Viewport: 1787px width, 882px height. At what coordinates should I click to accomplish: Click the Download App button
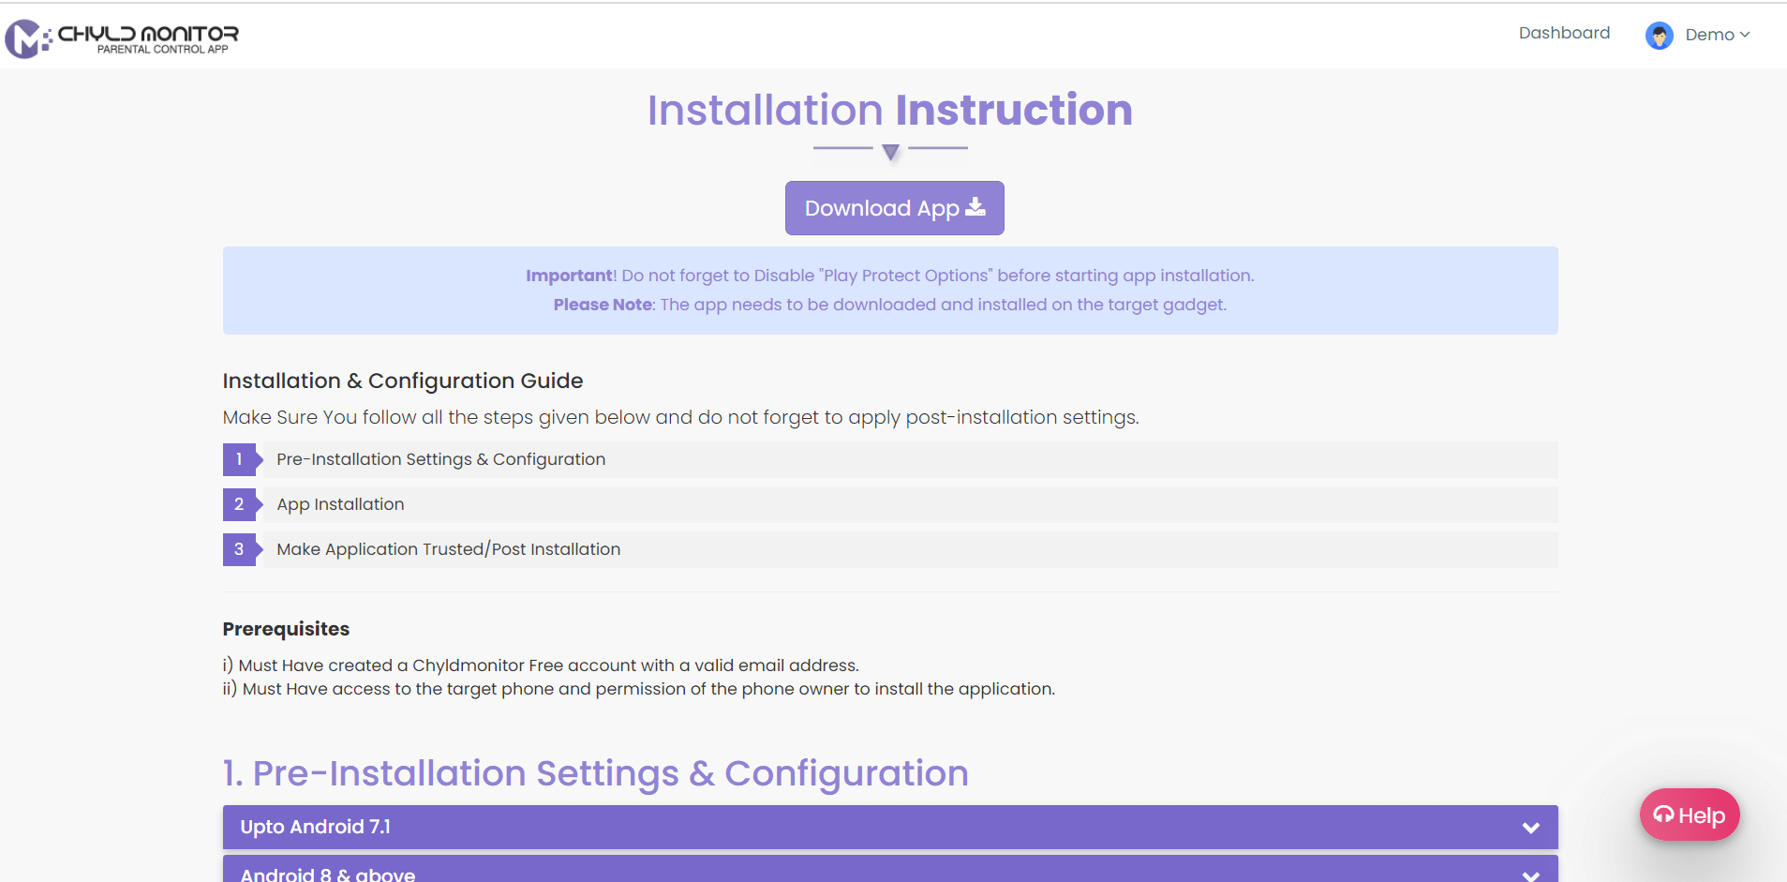pyautogui.click(x=894, y=208)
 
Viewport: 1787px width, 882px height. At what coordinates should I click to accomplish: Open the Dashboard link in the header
pyautogui.click(x=1564, y=33)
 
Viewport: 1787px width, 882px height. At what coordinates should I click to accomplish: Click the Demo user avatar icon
pyautogui.click(x=1660, y=36)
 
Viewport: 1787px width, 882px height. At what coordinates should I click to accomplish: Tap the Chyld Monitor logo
pyautogui.click(x=122, y=38)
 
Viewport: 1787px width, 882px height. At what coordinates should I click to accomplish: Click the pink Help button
pyautogui.click(x=1690, y=815)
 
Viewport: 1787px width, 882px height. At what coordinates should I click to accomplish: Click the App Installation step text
pyautogui.click(x=340, y=504)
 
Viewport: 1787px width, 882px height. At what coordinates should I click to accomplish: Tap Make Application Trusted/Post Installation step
pyautogui.click(x=448, y=549)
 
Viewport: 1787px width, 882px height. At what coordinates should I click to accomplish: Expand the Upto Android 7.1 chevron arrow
pyautogui.click(x=1531, y=828)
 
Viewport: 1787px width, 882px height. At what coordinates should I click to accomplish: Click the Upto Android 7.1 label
pyautogui.click(x=315, y=827)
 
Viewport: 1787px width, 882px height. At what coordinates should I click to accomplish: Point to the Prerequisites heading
pyautogui.click(x=286, y=629)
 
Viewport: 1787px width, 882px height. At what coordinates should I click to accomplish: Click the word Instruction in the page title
pyautogui.click(x=1014, y=110)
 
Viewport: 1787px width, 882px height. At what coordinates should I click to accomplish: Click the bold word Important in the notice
pyautogui.click(x=569, y=276)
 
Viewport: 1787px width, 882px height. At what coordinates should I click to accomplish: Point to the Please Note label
pyautogui.click(x=603, y=305)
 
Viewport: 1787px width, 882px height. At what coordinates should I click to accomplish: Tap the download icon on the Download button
pyautogui.click(x=975, y=207)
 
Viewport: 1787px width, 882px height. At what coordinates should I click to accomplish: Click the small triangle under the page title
pyautogui.click(x=890, y=152)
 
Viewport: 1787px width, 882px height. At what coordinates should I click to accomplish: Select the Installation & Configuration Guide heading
pyautogui.click(x=403, y=381)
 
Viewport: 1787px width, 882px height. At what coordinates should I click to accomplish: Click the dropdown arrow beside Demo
pyautogui.click(x=1745, y=35)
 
